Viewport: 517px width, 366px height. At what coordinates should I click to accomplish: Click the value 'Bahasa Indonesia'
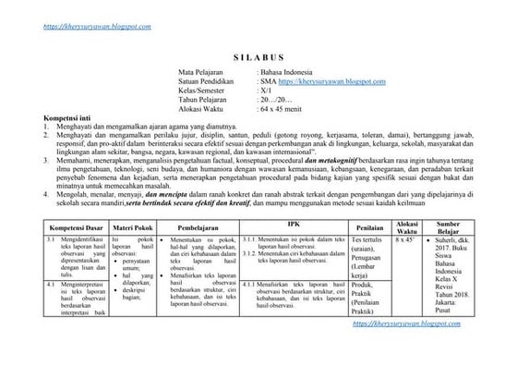click(x=288, y=72)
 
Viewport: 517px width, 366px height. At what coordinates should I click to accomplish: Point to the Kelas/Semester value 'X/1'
click(x=267, y=92)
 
